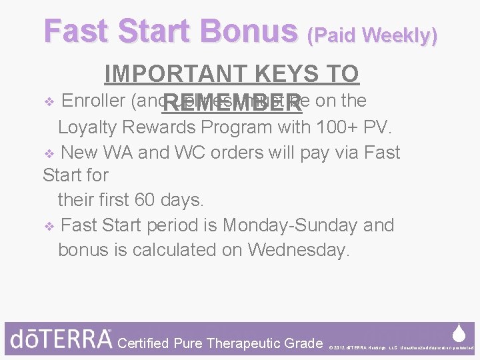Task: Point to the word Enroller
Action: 95,101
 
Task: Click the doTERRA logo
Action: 61,339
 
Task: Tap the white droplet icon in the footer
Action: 459,333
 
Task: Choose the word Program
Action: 237,127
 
